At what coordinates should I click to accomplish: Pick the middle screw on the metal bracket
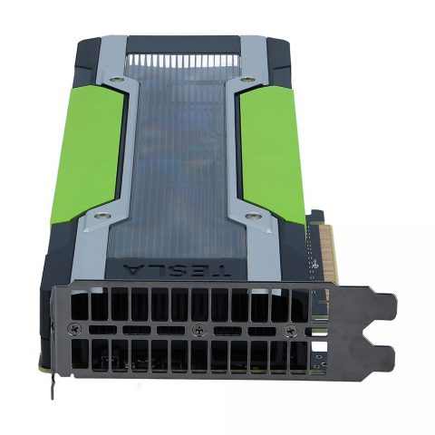point(196,327)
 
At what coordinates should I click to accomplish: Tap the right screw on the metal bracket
point(290,328)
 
